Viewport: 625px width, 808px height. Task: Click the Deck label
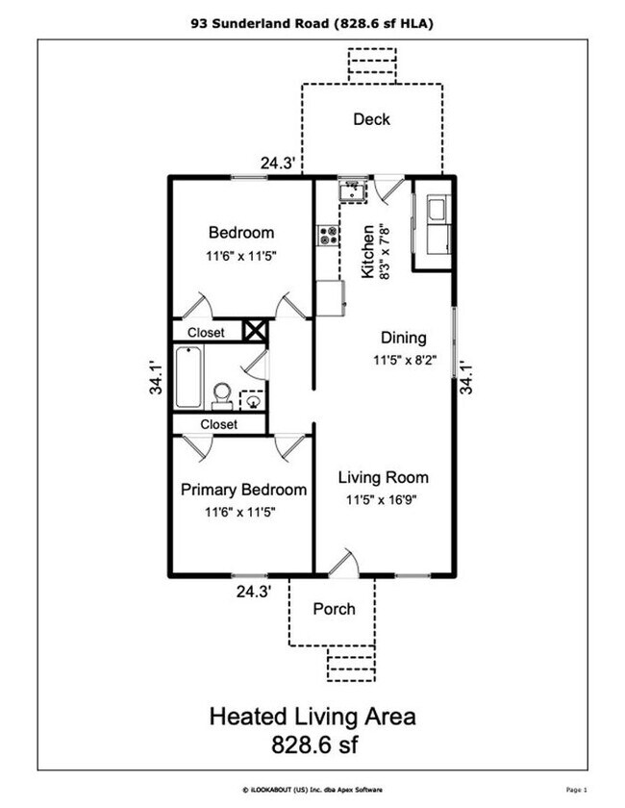click(371, 119)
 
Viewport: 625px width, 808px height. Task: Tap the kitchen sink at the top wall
click(353, 190)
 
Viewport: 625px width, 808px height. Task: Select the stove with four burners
click(328, 236)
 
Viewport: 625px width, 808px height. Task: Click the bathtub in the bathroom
click(188, 377)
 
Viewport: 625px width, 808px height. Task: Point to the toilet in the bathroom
click(222, 395)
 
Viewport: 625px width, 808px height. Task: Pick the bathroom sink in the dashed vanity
click(253, 401)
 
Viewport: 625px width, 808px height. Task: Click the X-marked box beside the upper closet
click(255, 330)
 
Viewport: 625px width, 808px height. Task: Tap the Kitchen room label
click(367, 251)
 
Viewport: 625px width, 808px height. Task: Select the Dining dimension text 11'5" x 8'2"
click(405, 360)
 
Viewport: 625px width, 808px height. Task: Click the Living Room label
click(384, 477)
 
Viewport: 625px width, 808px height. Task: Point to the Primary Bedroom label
click(243, 490)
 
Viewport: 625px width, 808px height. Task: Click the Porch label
click(334, 609)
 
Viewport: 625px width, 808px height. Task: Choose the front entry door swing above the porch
click(343, 562)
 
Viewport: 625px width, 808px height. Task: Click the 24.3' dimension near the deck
click(278, 164)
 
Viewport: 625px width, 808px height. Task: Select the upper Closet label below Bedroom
click(206, 333)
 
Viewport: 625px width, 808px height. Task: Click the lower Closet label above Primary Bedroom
click(219, 424)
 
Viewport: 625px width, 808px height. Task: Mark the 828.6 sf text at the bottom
click(314, 745)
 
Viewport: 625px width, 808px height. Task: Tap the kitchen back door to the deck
click(388, 189)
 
